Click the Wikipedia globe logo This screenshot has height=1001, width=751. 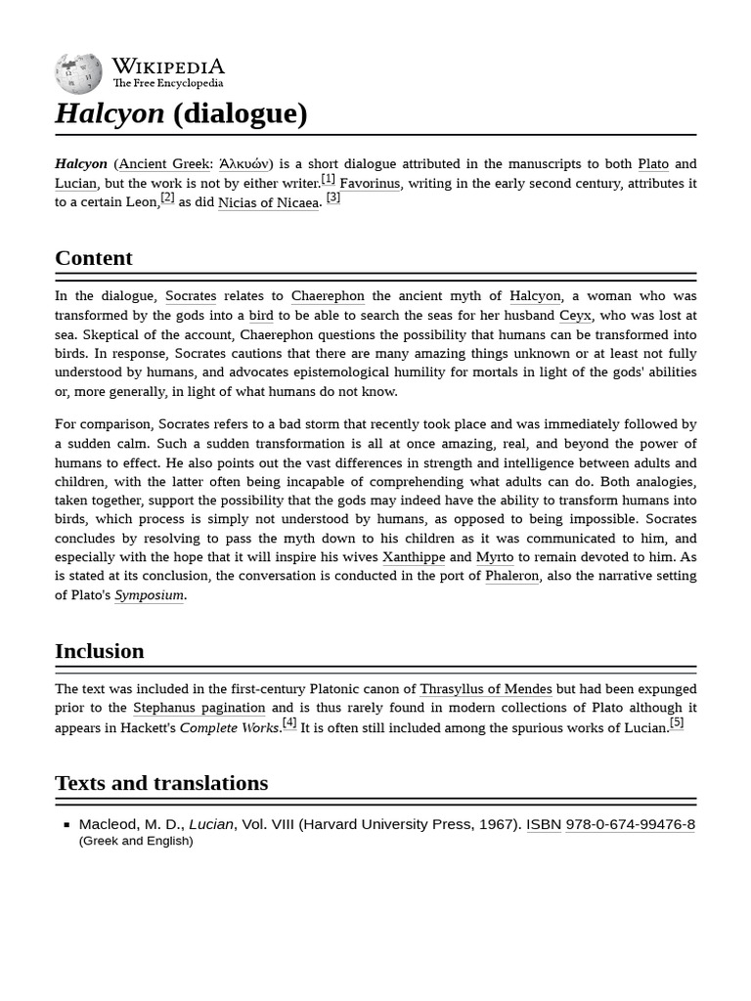coord(78,73)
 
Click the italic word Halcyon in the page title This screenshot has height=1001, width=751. coord(110,113)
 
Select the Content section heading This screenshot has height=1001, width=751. coord(94,258)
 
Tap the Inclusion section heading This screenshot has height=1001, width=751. coord(100,651)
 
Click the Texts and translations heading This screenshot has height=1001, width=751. coord(161,783)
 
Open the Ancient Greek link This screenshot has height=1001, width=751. coord(164,164)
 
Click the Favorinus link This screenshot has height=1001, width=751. coord(370,184)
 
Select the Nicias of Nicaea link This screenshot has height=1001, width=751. coord(268,203)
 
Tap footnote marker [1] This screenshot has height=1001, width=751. coord(328,179)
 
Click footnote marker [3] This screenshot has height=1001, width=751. coord(333,197)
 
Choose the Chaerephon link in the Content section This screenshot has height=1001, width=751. coord(328,296)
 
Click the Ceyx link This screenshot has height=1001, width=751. coord(575,316)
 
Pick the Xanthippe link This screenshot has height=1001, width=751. coord(414,557)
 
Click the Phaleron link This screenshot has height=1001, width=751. coord(512,576)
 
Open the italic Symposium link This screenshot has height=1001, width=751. coord(149,595)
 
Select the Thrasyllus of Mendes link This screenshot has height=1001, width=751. coord(486,689)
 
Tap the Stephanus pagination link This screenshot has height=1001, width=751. coord(199,708)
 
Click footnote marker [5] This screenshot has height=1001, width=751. coord(677,723)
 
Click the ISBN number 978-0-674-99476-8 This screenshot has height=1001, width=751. coord(630,824)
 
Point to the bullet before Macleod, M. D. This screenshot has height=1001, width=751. coord(66,825)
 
